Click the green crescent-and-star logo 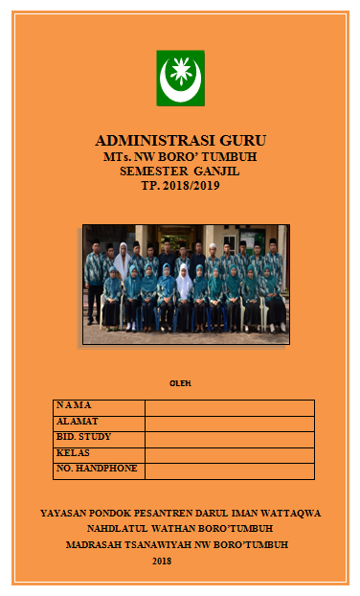coord(180,78)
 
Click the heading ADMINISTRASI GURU coord(180,139)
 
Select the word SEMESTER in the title coord(154,171)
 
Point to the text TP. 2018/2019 coord(180,186)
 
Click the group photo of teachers coord(186,284)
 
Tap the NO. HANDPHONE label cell coord(98,469)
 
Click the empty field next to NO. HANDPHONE coord(229,470)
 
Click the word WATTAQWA coord(288,513)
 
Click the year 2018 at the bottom coord(162,561)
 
